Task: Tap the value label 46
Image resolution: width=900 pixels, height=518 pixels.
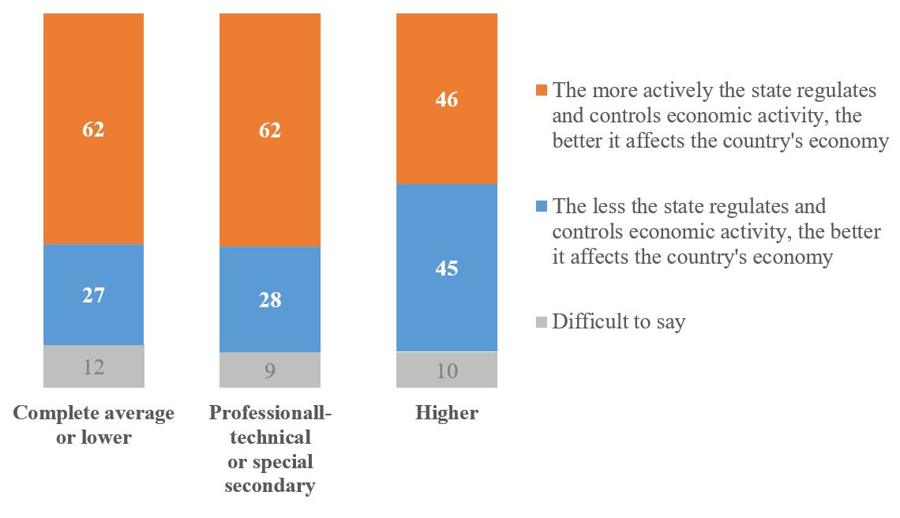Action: point(447,100)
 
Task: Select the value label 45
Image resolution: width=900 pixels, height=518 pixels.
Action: point(447,268)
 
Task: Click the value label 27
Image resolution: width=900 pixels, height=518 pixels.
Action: point(94,295)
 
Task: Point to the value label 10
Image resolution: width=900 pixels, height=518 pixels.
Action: point(447,370)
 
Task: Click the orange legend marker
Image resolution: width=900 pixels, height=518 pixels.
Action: point(542,90)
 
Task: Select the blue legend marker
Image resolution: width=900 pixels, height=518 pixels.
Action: point(542,206)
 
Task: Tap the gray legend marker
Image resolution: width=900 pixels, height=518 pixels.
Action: point(542,322)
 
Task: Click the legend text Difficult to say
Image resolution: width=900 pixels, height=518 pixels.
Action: point(619,322)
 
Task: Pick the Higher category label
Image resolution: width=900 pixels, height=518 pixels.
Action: point(447,414)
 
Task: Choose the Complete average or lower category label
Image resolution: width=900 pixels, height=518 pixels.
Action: point(94,425)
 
